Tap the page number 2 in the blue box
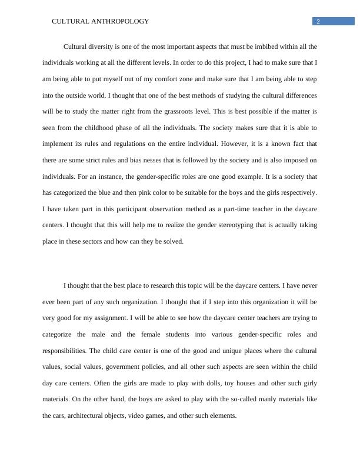(318, 22)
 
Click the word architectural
(90, 415)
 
